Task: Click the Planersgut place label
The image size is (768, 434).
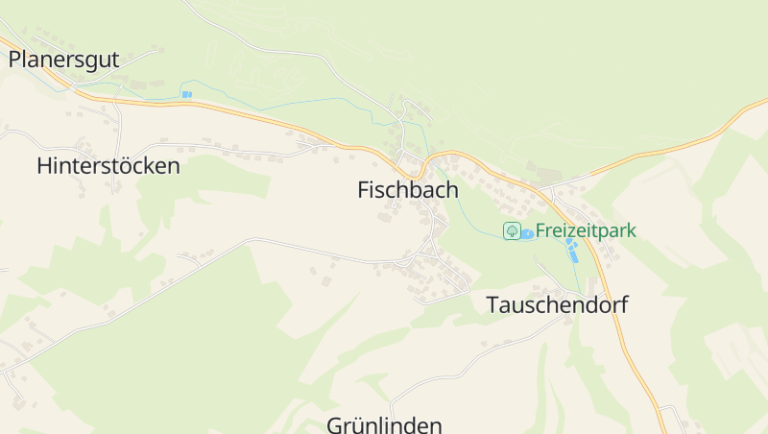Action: pyautogui.click(x=63, y=60)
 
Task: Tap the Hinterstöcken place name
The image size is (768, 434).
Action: pyautogui.click(x=108, y=166)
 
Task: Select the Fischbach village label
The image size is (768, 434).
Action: pyautogui.click(x=408, y=190)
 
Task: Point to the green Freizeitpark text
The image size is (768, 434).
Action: pyautogui.click(x=586, y=230)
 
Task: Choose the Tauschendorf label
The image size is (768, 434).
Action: pyautogui.click(x=557, y=305)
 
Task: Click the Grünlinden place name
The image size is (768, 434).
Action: pyautogui.click(x=384, y=424)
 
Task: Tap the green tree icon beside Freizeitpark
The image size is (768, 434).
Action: pyautogui.click(x=513, y=231)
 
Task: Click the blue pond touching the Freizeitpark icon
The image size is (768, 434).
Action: pyautogui.click(x=527, y=234)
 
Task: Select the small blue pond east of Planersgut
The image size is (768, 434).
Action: pyautogui.click(x=186, y=94)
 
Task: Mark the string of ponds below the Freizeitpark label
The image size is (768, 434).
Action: pyautogui.click(x=573, y=252)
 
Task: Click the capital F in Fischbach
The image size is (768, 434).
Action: pyautogui.click(x=364, y=190)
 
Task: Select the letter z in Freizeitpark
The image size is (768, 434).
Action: pyautogui.click(x=575, y=230)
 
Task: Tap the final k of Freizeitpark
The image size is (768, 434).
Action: pyautogui.click(x=631, y=230)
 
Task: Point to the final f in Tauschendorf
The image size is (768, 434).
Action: pyautogui.click(x=623, y=305)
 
